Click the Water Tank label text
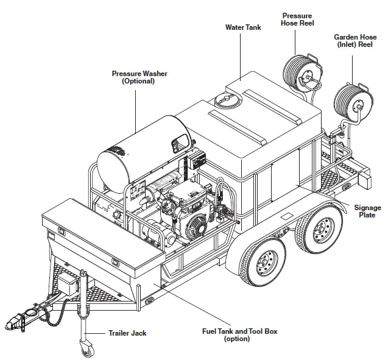(244, 27)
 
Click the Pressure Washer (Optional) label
(139, 77)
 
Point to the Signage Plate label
(368, 211)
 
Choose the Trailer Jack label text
(127, 333)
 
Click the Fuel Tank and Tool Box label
(239, 334)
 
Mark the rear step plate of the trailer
(353, 174)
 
